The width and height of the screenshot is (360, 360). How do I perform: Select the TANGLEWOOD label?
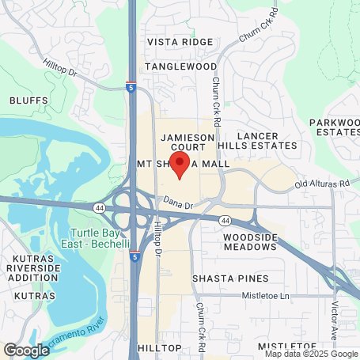[x=180, y=66]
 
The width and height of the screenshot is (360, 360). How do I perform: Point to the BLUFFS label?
[x=29, y=100]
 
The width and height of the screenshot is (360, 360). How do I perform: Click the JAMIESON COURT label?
[x=188, y=142]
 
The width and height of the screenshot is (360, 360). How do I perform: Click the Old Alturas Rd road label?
[x=322, y=184]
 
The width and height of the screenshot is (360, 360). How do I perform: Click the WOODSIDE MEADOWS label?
[x=250, y=243]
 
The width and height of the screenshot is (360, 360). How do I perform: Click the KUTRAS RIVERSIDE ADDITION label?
[x=33, y=269]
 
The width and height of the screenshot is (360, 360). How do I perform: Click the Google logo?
[x=26, y=349]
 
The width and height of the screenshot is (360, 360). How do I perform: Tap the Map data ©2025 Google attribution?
[x=309, y=354]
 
